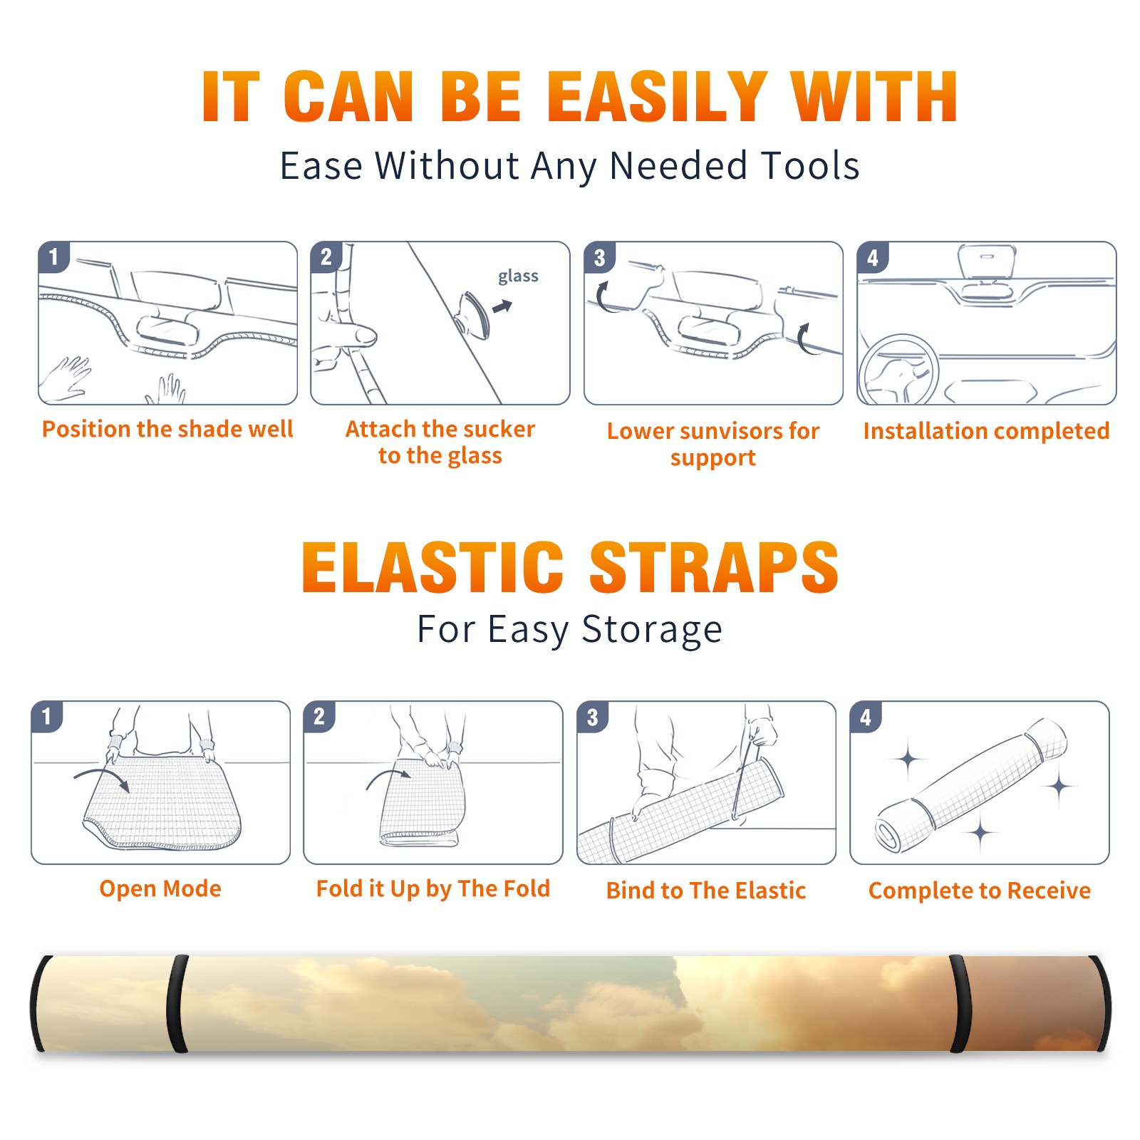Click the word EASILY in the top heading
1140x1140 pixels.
pos(657,97)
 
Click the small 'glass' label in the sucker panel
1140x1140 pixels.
pos(518,276)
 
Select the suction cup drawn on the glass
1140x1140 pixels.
pos(474,315)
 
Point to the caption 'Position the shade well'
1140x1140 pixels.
pos(167,429)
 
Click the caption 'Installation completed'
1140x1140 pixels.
pos(986,430)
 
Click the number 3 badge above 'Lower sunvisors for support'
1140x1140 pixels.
pos(599,258)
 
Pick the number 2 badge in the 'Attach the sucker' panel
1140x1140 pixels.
pos(326,257)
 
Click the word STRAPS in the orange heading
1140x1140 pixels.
pos(714,567)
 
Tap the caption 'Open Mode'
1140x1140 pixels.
pos(160,888)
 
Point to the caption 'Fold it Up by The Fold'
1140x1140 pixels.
pos(433,889)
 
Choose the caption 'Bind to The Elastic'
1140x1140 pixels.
pos(706,891)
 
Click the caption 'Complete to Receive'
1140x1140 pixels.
pos(980,891)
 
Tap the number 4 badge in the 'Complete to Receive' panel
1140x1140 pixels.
pos(866,717)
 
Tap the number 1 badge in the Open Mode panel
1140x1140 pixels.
pos(47,717)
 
